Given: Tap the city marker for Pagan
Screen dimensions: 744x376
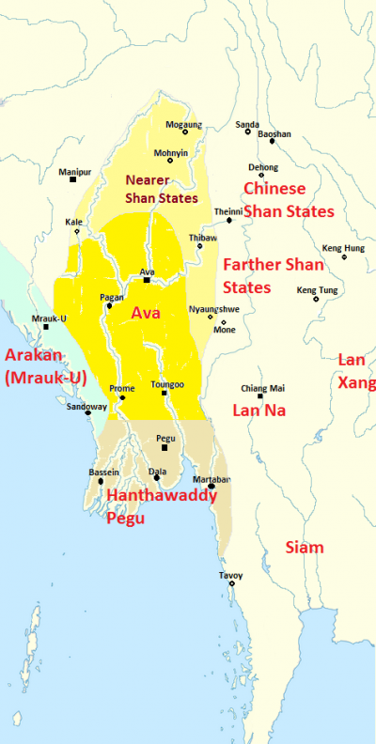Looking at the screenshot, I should [x=110, y=305].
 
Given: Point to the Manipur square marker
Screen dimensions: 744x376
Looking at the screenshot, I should [x=72, y=179].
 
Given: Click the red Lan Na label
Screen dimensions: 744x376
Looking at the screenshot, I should [x=258, y=410].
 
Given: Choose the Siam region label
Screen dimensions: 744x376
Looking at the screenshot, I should [x=304, y=547].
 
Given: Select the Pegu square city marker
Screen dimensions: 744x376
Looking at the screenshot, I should [x=165, y=447].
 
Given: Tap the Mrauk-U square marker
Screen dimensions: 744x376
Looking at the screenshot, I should [x=45, y=327].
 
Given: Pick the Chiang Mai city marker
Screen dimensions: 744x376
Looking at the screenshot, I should [x=260, y=395].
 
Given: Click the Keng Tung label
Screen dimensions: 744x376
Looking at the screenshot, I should [x=316, y=290].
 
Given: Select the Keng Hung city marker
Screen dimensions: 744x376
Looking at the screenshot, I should [x=343, y=256].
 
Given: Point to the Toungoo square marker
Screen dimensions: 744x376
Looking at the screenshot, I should [x=164, y=393].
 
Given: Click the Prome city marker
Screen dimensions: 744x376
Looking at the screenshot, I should [x=121, y=397].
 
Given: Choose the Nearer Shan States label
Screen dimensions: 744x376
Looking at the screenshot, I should [x=161, y=188].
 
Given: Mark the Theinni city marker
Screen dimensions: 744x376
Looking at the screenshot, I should [x=228, y=220].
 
